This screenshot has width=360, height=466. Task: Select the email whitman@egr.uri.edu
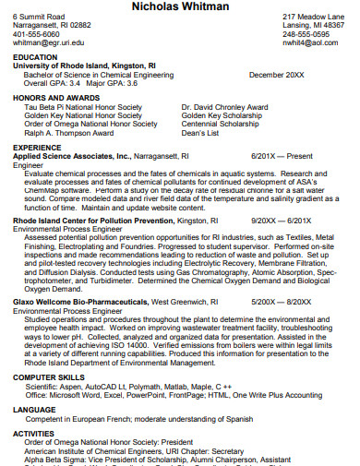click(x=49, y=42)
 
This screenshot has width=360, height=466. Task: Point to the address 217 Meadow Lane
click(x=315, y=17)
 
